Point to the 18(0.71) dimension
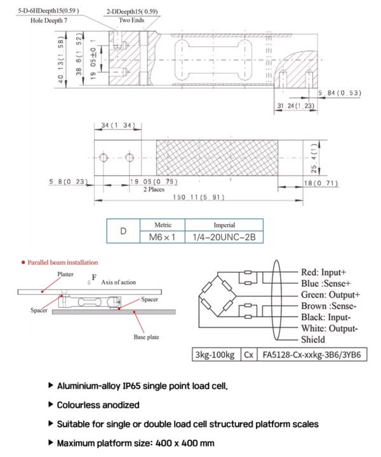321,183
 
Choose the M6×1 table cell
162,237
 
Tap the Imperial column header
224,225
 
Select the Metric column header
162,225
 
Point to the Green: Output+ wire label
330,294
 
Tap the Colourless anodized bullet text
98,405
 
